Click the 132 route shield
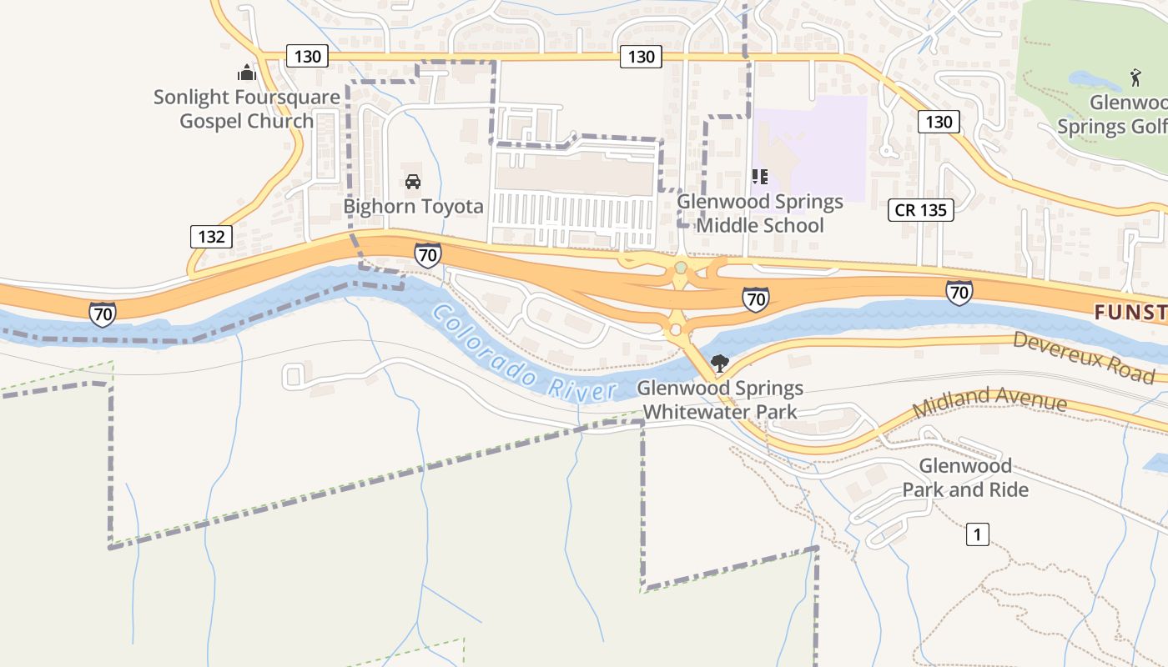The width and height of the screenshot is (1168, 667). tap(211, 237)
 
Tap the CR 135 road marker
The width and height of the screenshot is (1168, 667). tap(921, 210)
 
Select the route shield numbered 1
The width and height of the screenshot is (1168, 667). tap(977, 534)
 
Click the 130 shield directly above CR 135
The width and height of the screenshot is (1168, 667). tap(939, 122)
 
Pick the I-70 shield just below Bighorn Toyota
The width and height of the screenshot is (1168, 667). tap(428, 255)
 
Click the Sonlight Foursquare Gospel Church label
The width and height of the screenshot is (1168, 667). tap(247, 109)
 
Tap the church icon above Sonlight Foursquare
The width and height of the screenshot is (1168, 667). tap(246, 73)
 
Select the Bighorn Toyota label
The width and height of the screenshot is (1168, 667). tap(414, 207)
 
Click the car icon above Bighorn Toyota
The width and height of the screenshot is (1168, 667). tap(412, 181)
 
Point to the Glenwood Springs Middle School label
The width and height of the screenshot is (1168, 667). tap(760, 213)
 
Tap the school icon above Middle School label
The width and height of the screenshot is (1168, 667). tap(759, 176)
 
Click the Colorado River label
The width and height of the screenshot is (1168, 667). tap(524, 355)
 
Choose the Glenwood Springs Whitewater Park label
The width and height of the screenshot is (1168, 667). tap(720, 399)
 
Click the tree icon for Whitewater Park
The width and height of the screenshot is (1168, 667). tap(719, 364)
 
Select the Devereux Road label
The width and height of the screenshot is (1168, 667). tap(1084, 356)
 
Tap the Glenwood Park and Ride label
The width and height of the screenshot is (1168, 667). tap(965, 478)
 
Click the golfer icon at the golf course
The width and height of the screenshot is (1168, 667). tap(1135, 78)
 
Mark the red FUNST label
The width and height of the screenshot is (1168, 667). tap(1130, 313)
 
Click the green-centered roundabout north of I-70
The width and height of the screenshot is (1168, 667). tap(681, 268)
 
